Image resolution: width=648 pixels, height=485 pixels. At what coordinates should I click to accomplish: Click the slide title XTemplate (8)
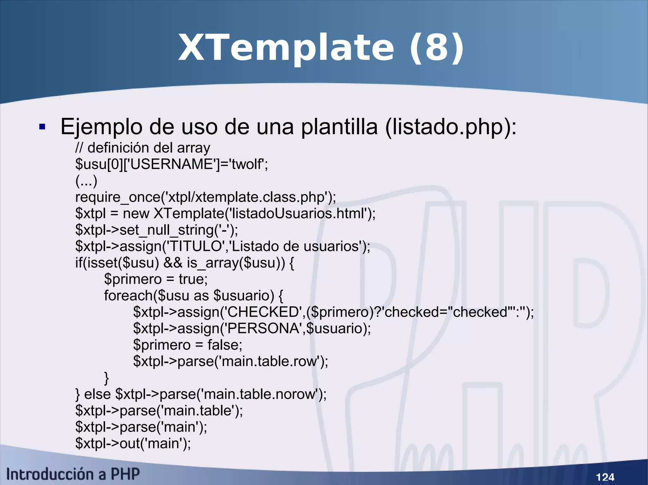pyautogui.click(x=321, y=48)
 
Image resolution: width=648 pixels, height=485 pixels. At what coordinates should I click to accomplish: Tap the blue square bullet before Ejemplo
pyautogui.click(x=42, y=127)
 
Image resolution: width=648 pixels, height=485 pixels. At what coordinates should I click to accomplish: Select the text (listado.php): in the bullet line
pyautogui.click(x=451, y=127)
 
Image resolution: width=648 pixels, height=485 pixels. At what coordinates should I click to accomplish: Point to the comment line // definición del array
pyautogui.click(x=143, y=148)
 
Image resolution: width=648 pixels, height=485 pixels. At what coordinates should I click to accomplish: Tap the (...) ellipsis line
pyautogui.click(x=86, y=181)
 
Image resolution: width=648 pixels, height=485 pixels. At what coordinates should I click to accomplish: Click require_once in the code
pyautogui.click(x=118, y=197)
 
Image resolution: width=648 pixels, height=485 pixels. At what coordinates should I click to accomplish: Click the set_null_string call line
pyautogui.click(x=157, y=230)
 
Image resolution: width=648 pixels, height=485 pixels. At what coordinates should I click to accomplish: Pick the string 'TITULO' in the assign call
pyautogui.click(x=195, y=246)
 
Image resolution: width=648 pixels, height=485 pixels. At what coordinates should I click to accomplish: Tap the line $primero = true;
pyautogui.click(x=156, y=279)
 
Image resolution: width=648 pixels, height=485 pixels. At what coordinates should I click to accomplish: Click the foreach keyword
pyautogui.click(x=128, y=296)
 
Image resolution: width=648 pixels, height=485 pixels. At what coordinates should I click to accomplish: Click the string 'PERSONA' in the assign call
pyautogui.click(x=261, y=329)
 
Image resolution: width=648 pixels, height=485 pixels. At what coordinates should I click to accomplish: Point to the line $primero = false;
pyautogui.click(x=188, y=345)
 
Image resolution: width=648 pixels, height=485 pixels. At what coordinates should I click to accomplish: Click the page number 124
pyautogui.click(x=605, y=477)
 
